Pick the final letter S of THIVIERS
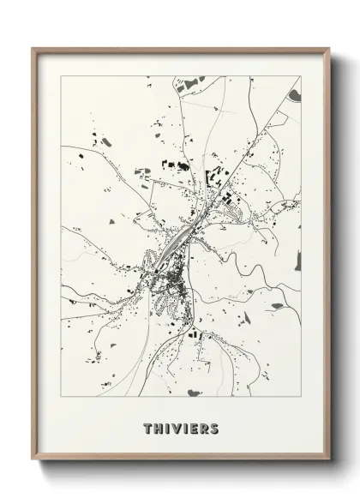tap(213, 428)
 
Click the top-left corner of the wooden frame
tap(33, 48)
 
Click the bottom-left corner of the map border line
tap(62, 396)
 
